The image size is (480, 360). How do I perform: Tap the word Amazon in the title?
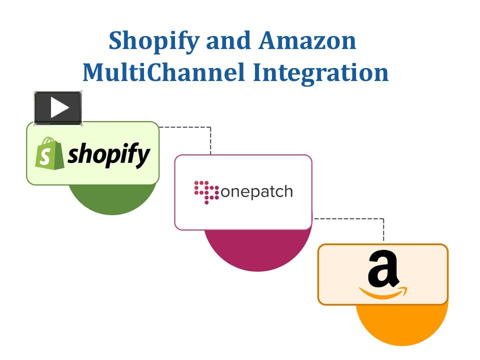pos(307,40)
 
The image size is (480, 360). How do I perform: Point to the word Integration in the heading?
pos(320,72)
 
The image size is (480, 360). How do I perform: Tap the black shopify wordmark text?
pos(109,154)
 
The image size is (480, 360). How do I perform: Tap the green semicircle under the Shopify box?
pos(112,199)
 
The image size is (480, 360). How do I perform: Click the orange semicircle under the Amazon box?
pos(401,325)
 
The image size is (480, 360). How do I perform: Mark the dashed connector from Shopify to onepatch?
pos(210,135)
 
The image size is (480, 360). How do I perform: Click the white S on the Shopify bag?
pos(46,157)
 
